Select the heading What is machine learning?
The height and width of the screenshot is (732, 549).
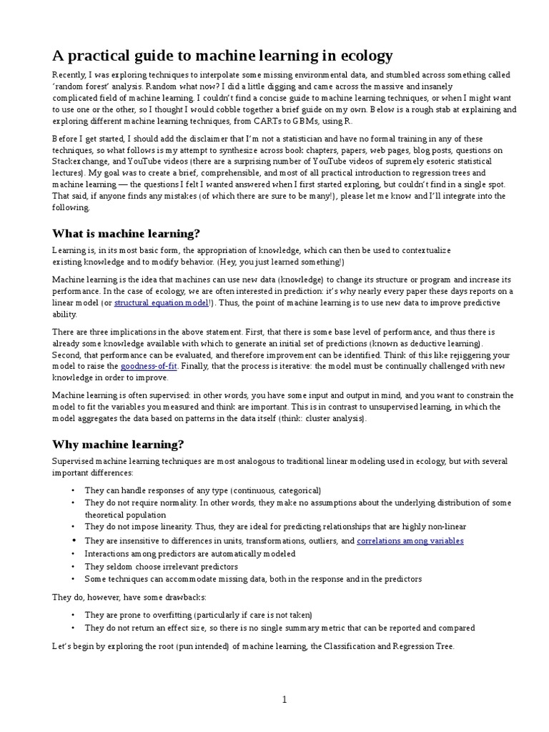point(127,234)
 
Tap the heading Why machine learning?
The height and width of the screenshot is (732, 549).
point(118,444)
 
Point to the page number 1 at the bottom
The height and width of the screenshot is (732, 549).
point(284,700)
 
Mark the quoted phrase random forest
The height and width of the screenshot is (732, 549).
point(84,87)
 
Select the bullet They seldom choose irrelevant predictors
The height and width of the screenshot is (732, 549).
point(161,566)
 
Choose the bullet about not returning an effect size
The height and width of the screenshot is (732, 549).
point(279,628)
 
